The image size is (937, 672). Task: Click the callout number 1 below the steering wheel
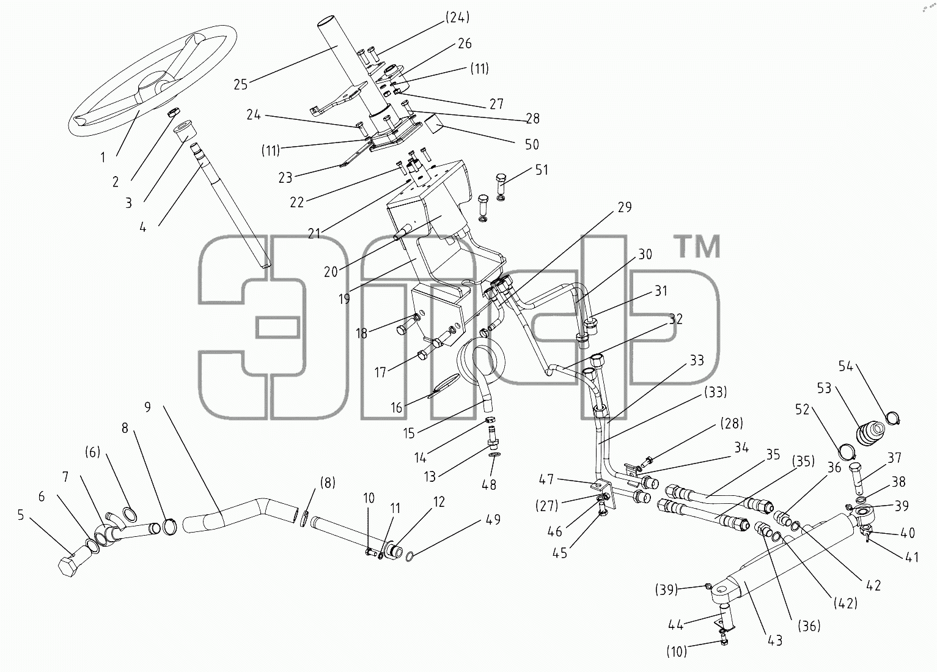[103, 157]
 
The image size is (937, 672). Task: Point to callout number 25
[241, 84]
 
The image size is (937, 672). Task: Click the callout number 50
[532, 144]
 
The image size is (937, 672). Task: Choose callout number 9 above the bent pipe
[148, 407]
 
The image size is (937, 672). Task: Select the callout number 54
[846, 366]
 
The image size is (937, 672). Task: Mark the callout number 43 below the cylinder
[775, 641]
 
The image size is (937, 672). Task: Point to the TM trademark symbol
[697, 247]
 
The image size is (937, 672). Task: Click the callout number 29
[625, 207]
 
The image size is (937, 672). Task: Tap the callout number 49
[493, 519]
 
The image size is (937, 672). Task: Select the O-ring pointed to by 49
[411, 555]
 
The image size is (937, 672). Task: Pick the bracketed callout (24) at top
[458, 18]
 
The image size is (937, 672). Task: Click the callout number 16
[397, 407]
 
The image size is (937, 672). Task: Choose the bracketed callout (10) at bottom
[677, 651]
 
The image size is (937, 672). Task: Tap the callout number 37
[894, 457]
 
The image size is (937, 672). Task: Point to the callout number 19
[344, 299]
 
